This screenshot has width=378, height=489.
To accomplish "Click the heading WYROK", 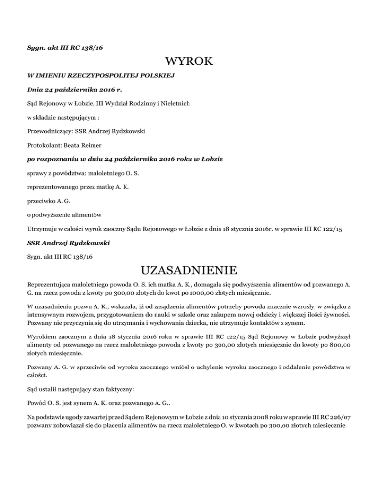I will [x=189, y=62].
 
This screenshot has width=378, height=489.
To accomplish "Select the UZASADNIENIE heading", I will [x=189, y=271].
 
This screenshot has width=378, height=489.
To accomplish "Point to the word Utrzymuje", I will [x=43, y=229].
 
